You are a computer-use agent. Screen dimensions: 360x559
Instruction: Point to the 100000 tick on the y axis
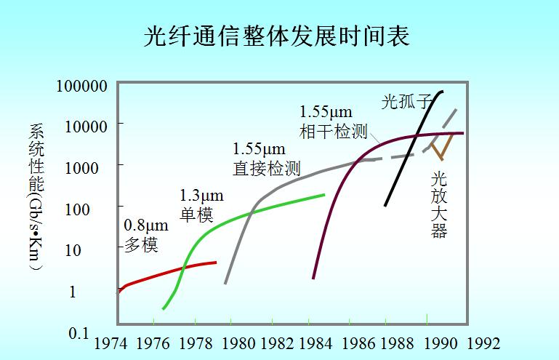tap(82, 86)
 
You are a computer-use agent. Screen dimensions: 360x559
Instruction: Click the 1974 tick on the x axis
tap(112, 343)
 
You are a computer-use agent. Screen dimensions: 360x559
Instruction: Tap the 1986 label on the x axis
tap(356, 343)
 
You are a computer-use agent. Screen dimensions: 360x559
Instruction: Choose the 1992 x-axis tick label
tap(482, 343)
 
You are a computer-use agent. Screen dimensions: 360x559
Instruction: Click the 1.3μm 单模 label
tap(201, 205)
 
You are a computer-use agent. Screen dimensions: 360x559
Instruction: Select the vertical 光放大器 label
tap(438, 204)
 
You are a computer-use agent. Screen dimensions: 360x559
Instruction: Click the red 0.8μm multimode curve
tap(167, 273)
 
